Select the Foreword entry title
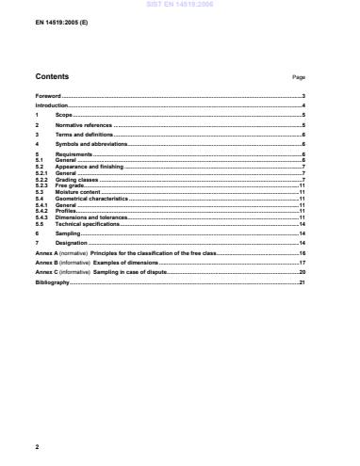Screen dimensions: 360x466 pos(48,97)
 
